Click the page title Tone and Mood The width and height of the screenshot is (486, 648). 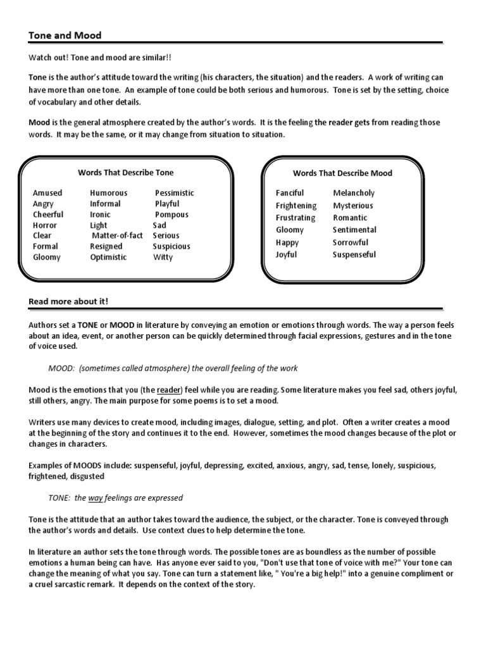pos(65,35)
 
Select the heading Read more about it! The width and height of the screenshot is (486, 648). pos(68,301)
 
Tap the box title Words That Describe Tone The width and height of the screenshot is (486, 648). pos(125,172)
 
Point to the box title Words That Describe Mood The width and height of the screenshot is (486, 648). pos(342,173)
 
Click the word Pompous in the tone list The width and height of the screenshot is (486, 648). pos(171,215)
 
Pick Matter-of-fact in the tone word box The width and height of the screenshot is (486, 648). pos(118,235)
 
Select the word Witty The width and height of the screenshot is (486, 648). pos(163,258)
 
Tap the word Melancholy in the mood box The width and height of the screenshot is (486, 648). pos(354,193)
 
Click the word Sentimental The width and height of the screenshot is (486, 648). pos(354,230)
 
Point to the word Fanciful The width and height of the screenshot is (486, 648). pos(290,193)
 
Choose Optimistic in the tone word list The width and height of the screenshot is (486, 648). pos(108,257)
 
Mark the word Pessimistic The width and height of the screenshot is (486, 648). pos(175,193)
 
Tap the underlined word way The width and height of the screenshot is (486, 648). pos(96,498)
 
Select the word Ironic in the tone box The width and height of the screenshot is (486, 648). pos(100,215)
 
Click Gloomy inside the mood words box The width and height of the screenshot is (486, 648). pos(290,230)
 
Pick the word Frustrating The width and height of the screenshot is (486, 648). pos(295,218)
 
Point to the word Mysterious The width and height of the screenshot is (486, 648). pos(353,206)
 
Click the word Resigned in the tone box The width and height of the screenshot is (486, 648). pos(106,246)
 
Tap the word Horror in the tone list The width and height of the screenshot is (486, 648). pos(45,225)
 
